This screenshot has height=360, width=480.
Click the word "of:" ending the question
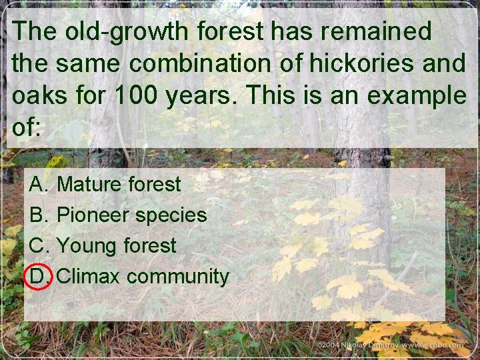(27, 127)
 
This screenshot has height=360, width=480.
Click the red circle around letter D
(38, 276)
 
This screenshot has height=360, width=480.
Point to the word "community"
(177, 276)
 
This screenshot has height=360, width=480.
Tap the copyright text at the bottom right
(390, 345)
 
